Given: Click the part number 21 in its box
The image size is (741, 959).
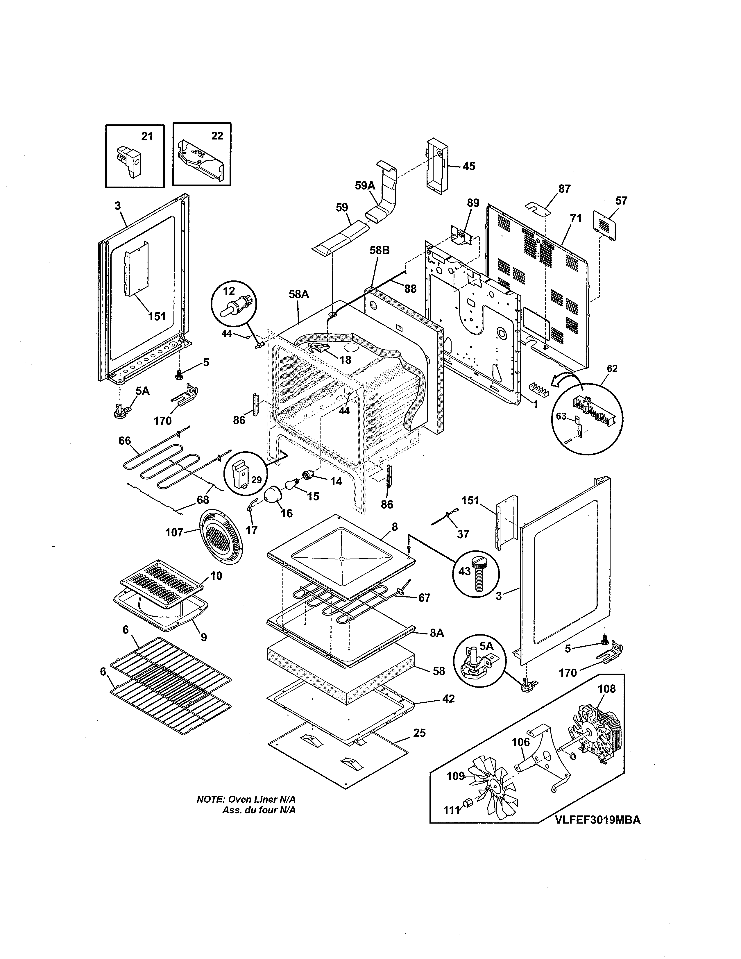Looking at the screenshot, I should point(147,137).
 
